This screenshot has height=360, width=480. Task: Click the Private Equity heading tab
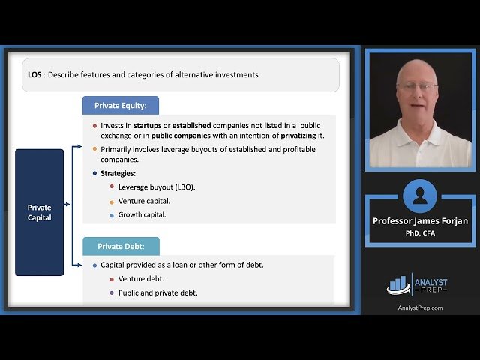click(x=120, y=106)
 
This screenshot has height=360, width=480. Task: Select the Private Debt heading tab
click(x=121, y=246)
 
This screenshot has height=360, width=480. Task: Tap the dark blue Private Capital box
click(x=40, y=212)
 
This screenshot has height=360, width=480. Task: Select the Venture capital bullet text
click(x=144, y=201)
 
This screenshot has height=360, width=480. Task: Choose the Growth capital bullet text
click(x=142, y=214)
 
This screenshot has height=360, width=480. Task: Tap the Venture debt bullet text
click(x=141, y=279)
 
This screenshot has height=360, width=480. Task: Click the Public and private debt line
click(x=157, y=292)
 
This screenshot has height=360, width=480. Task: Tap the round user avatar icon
click(x=419, y=196)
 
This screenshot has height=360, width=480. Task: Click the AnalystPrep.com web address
click(x=420, y=307)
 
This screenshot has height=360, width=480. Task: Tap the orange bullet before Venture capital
click(x=112, y=201)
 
